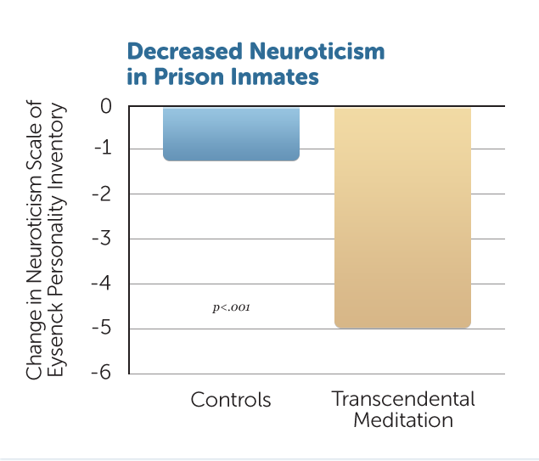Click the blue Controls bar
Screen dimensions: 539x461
[231, 134]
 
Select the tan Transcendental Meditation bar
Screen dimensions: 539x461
[402, 217]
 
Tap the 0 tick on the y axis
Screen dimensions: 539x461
[106, 106]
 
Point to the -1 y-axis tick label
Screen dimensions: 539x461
[103, 149]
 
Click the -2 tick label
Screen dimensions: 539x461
[102, 194]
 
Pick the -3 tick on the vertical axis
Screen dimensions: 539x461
[102, 239]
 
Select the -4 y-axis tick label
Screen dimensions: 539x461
[101, 284]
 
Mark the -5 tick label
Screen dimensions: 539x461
[102, 328]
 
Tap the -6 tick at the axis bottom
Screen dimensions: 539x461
[101, 373]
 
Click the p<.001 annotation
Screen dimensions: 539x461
[232, 307]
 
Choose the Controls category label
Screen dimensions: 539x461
[231, 400]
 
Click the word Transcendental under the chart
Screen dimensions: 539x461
[403, 399]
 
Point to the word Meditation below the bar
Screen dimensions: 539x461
[403, 420]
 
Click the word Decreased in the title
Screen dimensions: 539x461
[185, 51]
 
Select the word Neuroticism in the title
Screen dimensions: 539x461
[317, 51]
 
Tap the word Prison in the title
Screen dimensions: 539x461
[189, 76]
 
